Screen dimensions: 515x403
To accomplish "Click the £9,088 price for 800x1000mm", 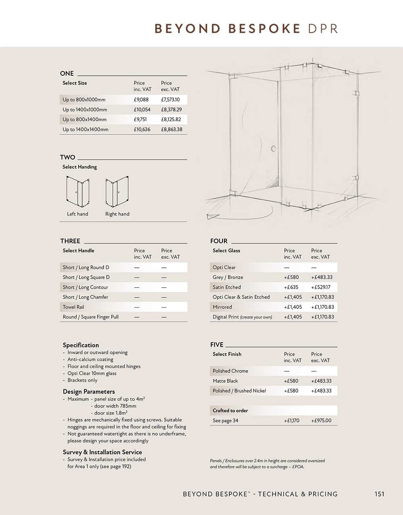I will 141,99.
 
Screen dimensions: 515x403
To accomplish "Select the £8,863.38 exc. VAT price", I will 172,129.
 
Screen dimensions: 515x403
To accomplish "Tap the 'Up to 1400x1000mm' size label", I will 85,110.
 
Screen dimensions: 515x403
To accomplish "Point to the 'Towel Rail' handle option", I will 73,307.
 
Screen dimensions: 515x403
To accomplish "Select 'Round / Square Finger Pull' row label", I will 91,317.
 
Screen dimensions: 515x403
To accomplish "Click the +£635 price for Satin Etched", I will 291,287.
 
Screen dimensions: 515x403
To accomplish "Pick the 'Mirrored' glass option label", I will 222,307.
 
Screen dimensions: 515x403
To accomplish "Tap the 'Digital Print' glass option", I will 226,317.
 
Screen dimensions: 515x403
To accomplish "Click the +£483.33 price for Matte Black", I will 321,381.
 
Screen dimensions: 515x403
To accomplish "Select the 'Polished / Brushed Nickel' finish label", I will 239,391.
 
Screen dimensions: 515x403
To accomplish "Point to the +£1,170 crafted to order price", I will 291,420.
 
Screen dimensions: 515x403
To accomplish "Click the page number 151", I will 379,494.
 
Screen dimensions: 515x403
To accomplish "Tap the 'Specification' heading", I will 81,345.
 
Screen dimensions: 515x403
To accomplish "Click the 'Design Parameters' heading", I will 89,391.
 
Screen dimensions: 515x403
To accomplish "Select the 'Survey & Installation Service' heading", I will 102,452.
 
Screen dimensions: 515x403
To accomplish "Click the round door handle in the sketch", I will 274,148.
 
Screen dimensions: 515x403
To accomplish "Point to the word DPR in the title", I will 322,29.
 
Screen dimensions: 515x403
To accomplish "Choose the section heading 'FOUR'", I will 219,241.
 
